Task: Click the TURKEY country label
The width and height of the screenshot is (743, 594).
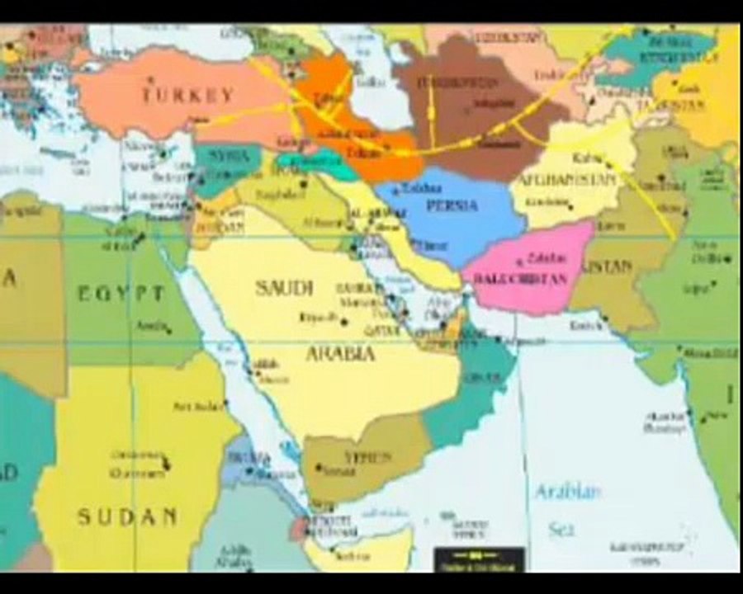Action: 187,95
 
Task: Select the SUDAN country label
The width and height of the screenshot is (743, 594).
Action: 127,517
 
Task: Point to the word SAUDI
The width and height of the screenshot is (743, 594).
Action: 283,288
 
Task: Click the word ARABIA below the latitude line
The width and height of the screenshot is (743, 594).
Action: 340,354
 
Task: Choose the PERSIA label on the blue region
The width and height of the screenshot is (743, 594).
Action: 452,205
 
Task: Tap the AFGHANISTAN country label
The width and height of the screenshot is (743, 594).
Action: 567,180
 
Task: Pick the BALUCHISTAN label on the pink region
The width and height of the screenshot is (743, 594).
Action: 521,279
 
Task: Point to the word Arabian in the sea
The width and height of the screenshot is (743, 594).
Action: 567,493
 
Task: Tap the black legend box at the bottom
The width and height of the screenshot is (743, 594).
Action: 479,559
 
